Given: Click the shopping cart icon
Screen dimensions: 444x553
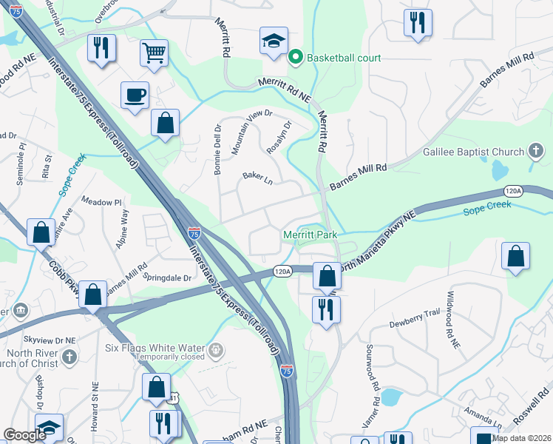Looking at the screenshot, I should tap(155, 52).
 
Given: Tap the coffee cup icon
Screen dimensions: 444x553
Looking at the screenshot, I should tap(135, 95).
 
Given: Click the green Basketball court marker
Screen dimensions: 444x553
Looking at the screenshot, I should tap(296, 57).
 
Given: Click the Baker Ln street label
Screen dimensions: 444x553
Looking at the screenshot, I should tap(258, 178).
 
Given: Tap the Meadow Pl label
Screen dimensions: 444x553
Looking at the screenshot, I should tap(101, 202).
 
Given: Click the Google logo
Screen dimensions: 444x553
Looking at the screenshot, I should tap(25, 435).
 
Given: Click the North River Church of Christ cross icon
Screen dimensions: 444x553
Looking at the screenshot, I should tap(69, 357).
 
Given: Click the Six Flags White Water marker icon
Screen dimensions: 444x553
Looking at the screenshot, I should tap(215, 349).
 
